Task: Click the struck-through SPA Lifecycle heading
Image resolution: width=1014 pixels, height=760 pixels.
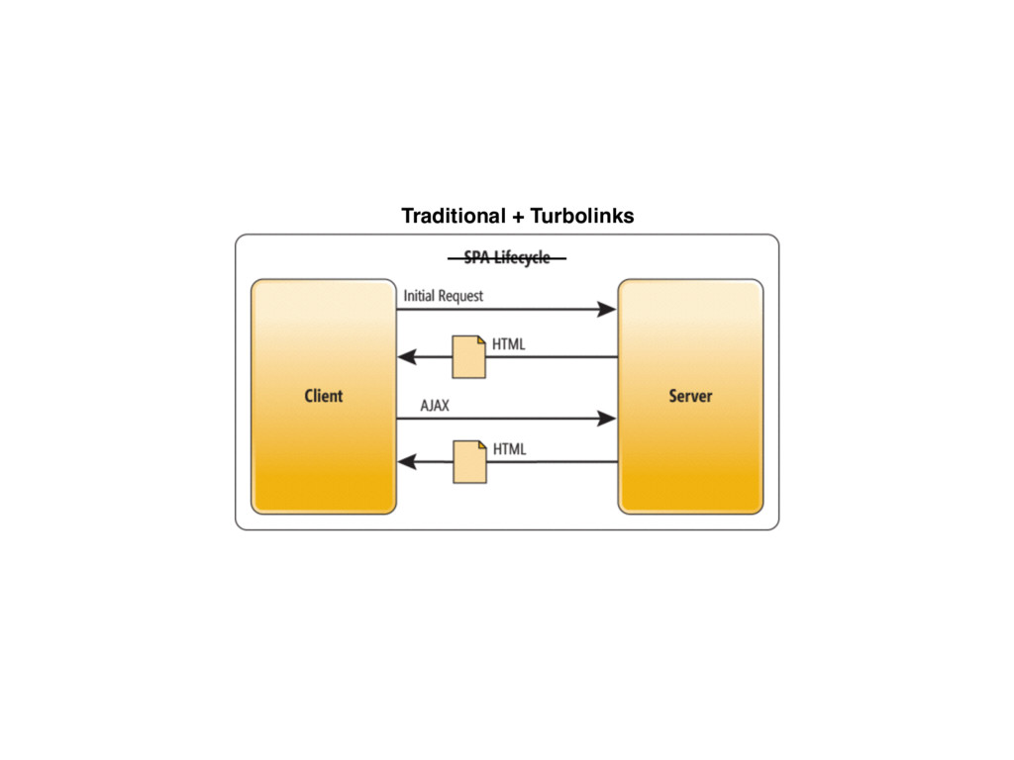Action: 506,258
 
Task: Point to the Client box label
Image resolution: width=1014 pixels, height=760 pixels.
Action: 323,396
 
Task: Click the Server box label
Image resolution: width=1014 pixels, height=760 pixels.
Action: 690,396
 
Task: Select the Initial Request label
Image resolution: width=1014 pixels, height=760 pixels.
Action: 444,295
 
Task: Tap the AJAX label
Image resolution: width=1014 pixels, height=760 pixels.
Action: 435,406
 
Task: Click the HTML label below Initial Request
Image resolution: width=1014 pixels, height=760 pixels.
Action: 509,344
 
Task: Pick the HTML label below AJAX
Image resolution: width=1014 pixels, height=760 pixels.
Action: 509,449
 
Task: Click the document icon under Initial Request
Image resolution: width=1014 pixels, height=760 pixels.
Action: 469,356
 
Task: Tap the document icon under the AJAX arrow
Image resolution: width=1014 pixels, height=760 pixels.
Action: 469,462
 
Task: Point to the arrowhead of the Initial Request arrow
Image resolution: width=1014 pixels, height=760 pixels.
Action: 606,310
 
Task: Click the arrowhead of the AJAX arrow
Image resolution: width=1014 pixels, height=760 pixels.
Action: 606,420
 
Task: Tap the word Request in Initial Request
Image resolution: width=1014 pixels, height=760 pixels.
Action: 459,295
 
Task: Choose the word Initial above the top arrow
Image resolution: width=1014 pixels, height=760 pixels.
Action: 418,295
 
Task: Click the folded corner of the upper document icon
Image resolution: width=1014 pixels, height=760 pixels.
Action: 480,341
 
